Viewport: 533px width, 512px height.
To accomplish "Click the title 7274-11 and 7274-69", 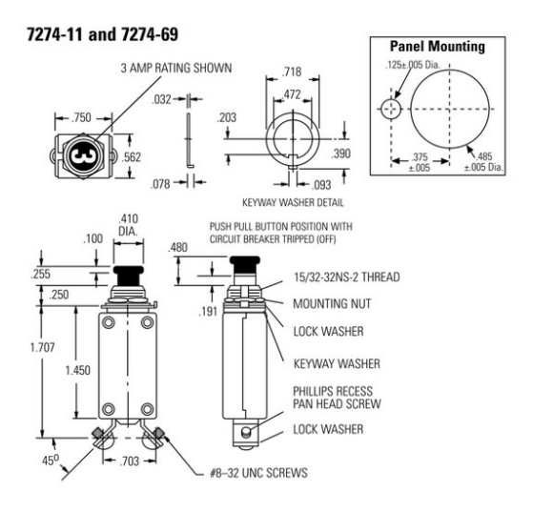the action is point(102,34).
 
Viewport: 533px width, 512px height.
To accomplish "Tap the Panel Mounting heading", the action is point(437,46).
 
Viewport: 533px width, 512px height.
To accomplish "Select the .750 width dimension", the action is point(82,117).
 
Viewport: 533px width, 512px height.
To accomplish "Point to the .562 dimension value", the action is point(131,157).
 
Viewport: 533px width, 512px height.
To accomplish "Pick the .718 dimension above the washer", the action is point(292,72).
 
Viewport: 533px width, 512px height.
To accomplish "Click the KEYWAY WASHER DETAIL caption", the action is point(293,203).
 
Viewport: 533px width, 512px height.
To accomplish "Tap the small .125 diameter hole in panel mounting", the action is point(391,109).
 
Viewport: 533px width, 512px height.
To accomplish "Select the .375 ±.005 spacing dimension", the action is point(420,162).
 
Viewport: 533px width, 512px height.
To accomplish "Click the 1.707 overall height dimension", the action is point(42,347).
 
